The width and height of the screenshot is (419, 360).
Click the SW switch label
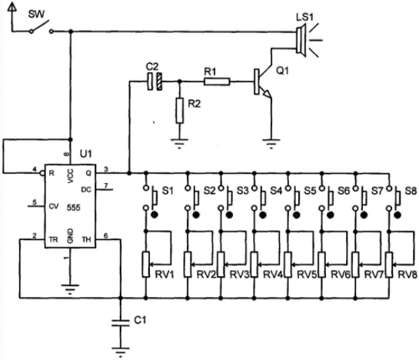(36, 14)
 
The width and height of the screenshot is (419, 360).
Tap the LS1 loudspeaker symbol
(301, 41)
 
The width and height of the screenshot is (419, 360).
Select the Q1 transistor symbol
(263, 82)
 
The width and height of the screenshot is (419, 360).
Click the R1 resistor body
(217, 82)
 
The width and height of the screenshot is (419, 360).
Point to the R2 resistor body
(180, 111)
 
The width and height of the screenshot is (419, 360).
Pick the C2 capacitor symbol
(155, 82)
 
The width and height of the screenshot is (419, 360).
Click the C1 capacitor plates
(121, 322)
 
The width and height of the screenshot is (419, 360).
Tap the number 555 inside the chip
(74, 208)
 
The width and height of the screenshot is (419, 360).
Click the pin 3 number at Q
(106, 169)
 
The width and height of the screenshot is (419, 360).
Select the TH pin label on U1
(86, 239)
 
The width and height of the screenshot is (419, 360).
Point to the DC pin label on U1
(86, 190)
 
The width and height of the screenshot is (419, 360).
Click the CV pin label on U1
(54, 206)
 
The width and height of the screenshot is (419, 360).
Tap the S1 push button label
(168, 191)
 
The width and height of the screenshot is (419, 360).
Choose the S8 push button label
(411, 191)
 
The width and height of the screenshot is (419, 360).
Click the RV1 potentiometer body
(145, 265)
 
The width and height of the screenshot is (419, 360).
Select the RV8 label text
(407, 275)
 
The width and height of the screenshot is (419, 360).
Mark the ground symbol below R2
(180, 143)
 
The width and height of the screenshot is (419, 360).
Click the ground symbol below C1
(121, 352)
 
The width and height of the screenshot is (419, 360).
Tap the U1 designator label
(86, 154)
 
